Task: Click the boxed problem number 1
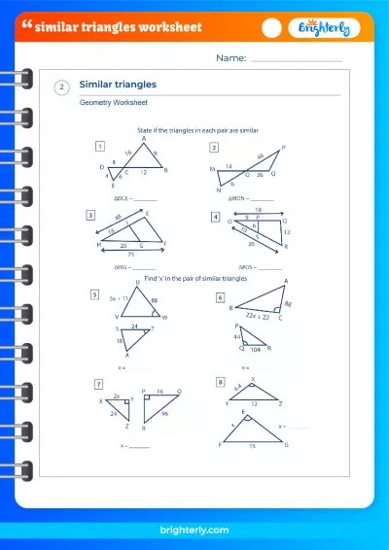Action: pos(99,147)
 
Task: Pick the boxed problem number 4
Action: pos(216,216)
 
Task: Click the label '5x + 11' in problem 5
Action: pos(121,298)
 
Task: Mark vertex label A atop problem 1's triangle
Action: pos(144,138)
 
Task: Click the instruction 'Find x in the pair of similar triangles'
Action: pos(192,279)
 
